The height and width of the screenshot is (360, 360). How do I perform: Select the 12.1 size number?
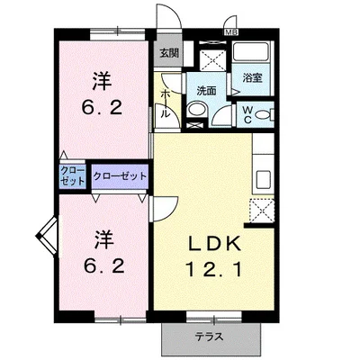click(x=215, y=267)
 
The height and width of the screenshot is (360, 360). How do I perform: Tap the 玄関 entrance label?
click(x=169, y=54)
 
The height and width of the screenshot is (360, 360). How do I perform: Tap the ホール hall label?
click(x=166, y=103)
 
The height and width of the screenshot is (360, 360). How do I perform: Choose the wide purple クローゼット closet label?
click(x=120, y=175)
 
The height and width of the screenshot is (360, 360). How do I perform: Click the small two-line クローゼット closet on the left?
click(x=73, y=175)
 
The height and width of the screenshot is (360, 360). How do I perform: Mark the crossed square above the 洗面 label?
click(x=211, y=60)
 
